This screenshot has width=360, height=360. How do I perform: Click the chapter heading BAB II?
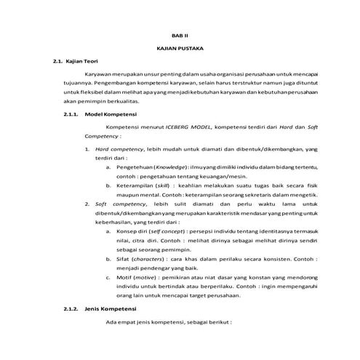pyautogui.click(x=180, y=34)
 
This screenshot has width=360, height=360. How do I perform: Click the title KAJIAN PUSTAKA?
pyautogui.click(x=180, y=47)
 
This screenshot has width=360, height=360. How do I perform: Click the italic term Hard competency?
pyautogui.click(x=116, y=149)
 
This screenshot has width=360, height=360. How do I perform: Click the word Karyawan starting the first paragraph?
pyautogui.click(x=99, y=75)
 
